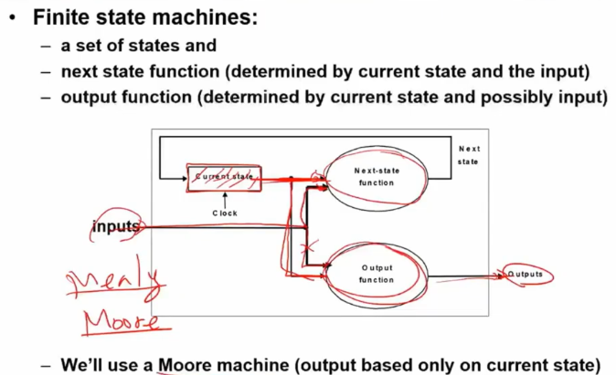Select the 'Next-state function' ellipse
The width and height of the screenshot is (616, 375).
pos(376,176)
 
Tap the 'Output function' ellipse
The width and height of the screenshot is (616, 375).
pos(376,273)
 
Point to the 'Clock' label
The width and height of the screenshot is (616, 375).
pos(225,213)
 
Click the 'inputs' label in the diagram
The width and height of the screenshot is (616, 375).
pos(115,226)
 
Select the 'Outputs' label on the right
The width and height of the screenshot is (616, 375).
pos(526,274)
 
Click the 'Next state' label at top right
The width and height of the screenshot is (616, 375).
pos(468,155)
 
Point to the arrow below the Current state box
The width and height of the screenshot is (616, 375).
pos(225,199)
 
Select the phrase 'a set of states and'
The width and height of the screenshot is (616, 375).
pos(138,45)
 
